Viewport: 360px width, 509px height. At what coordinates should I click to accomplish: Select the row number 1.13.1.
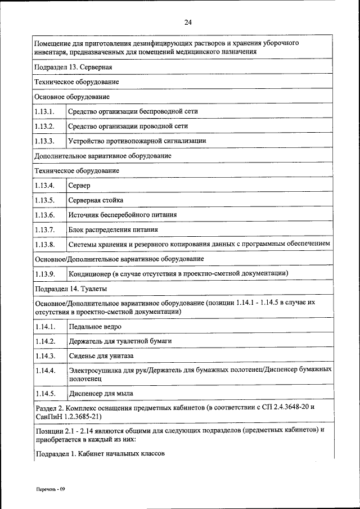point(44,111)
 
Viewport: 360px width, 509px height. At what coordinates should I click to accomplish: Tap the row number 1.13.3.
point(44,141)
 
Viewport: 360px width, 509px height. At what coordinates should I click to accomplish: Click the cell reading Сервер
point(79,185)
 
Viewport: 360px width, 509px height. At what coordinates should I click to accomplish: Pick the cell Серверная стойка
point(96,200)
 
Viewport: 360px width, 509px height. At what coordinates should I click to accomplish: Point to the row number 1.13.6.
point(44,215)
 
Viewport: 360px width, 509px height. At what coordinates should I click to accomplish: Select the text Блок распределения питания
point(113,229)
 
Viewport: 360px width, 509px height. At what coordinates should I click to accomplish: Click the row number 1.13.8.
point(44,244)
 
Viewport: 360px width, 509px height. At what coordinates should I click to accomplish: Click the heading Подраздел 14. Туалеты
point(71,289)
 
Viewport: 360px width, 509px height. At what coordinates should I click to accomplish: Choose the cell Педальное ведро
point(95,326)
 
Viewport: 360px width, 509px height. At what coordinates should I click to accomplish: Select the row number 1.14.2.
point(44,341)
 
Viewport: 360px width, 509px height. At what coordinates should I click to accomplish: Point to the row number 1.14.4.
point(44,371)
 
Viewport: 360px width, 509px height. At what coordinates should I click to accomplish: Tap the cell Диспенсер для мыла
point(101,393)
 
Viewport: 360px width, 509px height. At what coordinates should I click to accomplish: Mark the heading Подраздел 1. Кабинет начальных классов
point(100,454)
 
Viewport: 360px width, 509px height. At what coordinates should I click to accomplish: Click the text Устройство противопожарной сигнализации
point(137,141)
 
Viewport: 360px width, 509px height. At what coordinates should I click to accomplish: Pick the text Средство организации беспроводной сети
point(133,111)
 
